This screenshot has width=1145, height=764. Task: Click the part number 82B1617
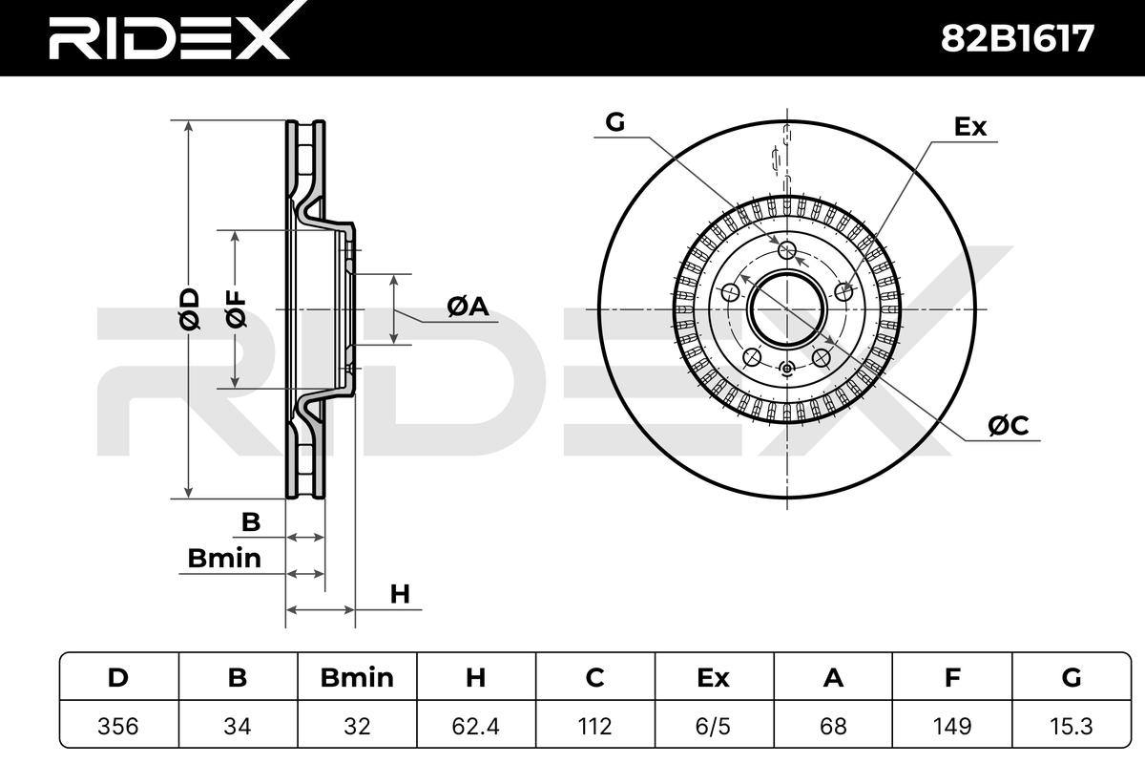(1017, 38)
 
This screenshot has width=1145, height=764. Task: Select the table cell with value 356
(118, 726)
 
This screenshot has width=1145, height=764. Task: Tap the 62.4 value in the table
(476, 726)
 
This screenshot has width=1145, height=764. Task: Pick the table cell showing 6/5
(713, 726)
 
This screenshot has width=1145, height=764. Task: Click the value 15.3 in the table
(1071, 726)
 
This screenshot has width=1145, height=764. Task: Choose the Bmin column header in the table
(357, 677)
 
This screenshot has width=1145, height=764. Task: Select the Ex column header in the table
(713, 677)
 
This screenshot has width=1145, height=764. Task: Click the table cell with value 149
(952, 726)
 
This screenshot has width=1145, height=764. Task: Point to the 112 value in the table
(595, 726)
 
